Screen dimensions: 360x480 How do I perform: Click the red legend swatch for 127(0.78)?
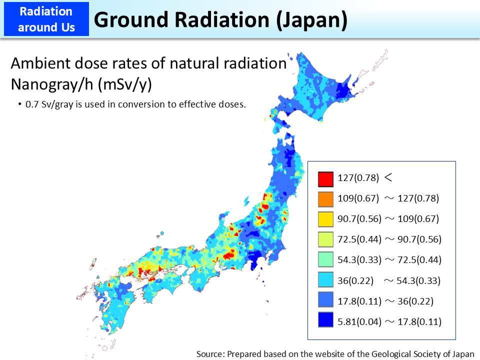[325, 178]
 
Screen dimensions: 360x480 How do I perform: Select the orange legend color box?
[325, 198]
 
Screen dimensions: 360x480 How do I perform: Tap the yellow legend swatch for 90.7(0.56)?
[325, 219]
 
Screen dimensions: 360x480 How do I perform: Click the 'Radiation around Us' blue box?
[45, 19]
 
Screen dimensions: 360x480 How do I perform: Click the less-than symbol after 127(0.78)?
[387, 177]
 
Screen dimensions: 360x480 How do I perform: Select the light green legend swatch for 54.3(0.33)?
[325, 260]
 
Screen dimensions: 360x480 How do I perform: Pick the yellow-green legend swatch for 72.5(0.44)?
[325, 239]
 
